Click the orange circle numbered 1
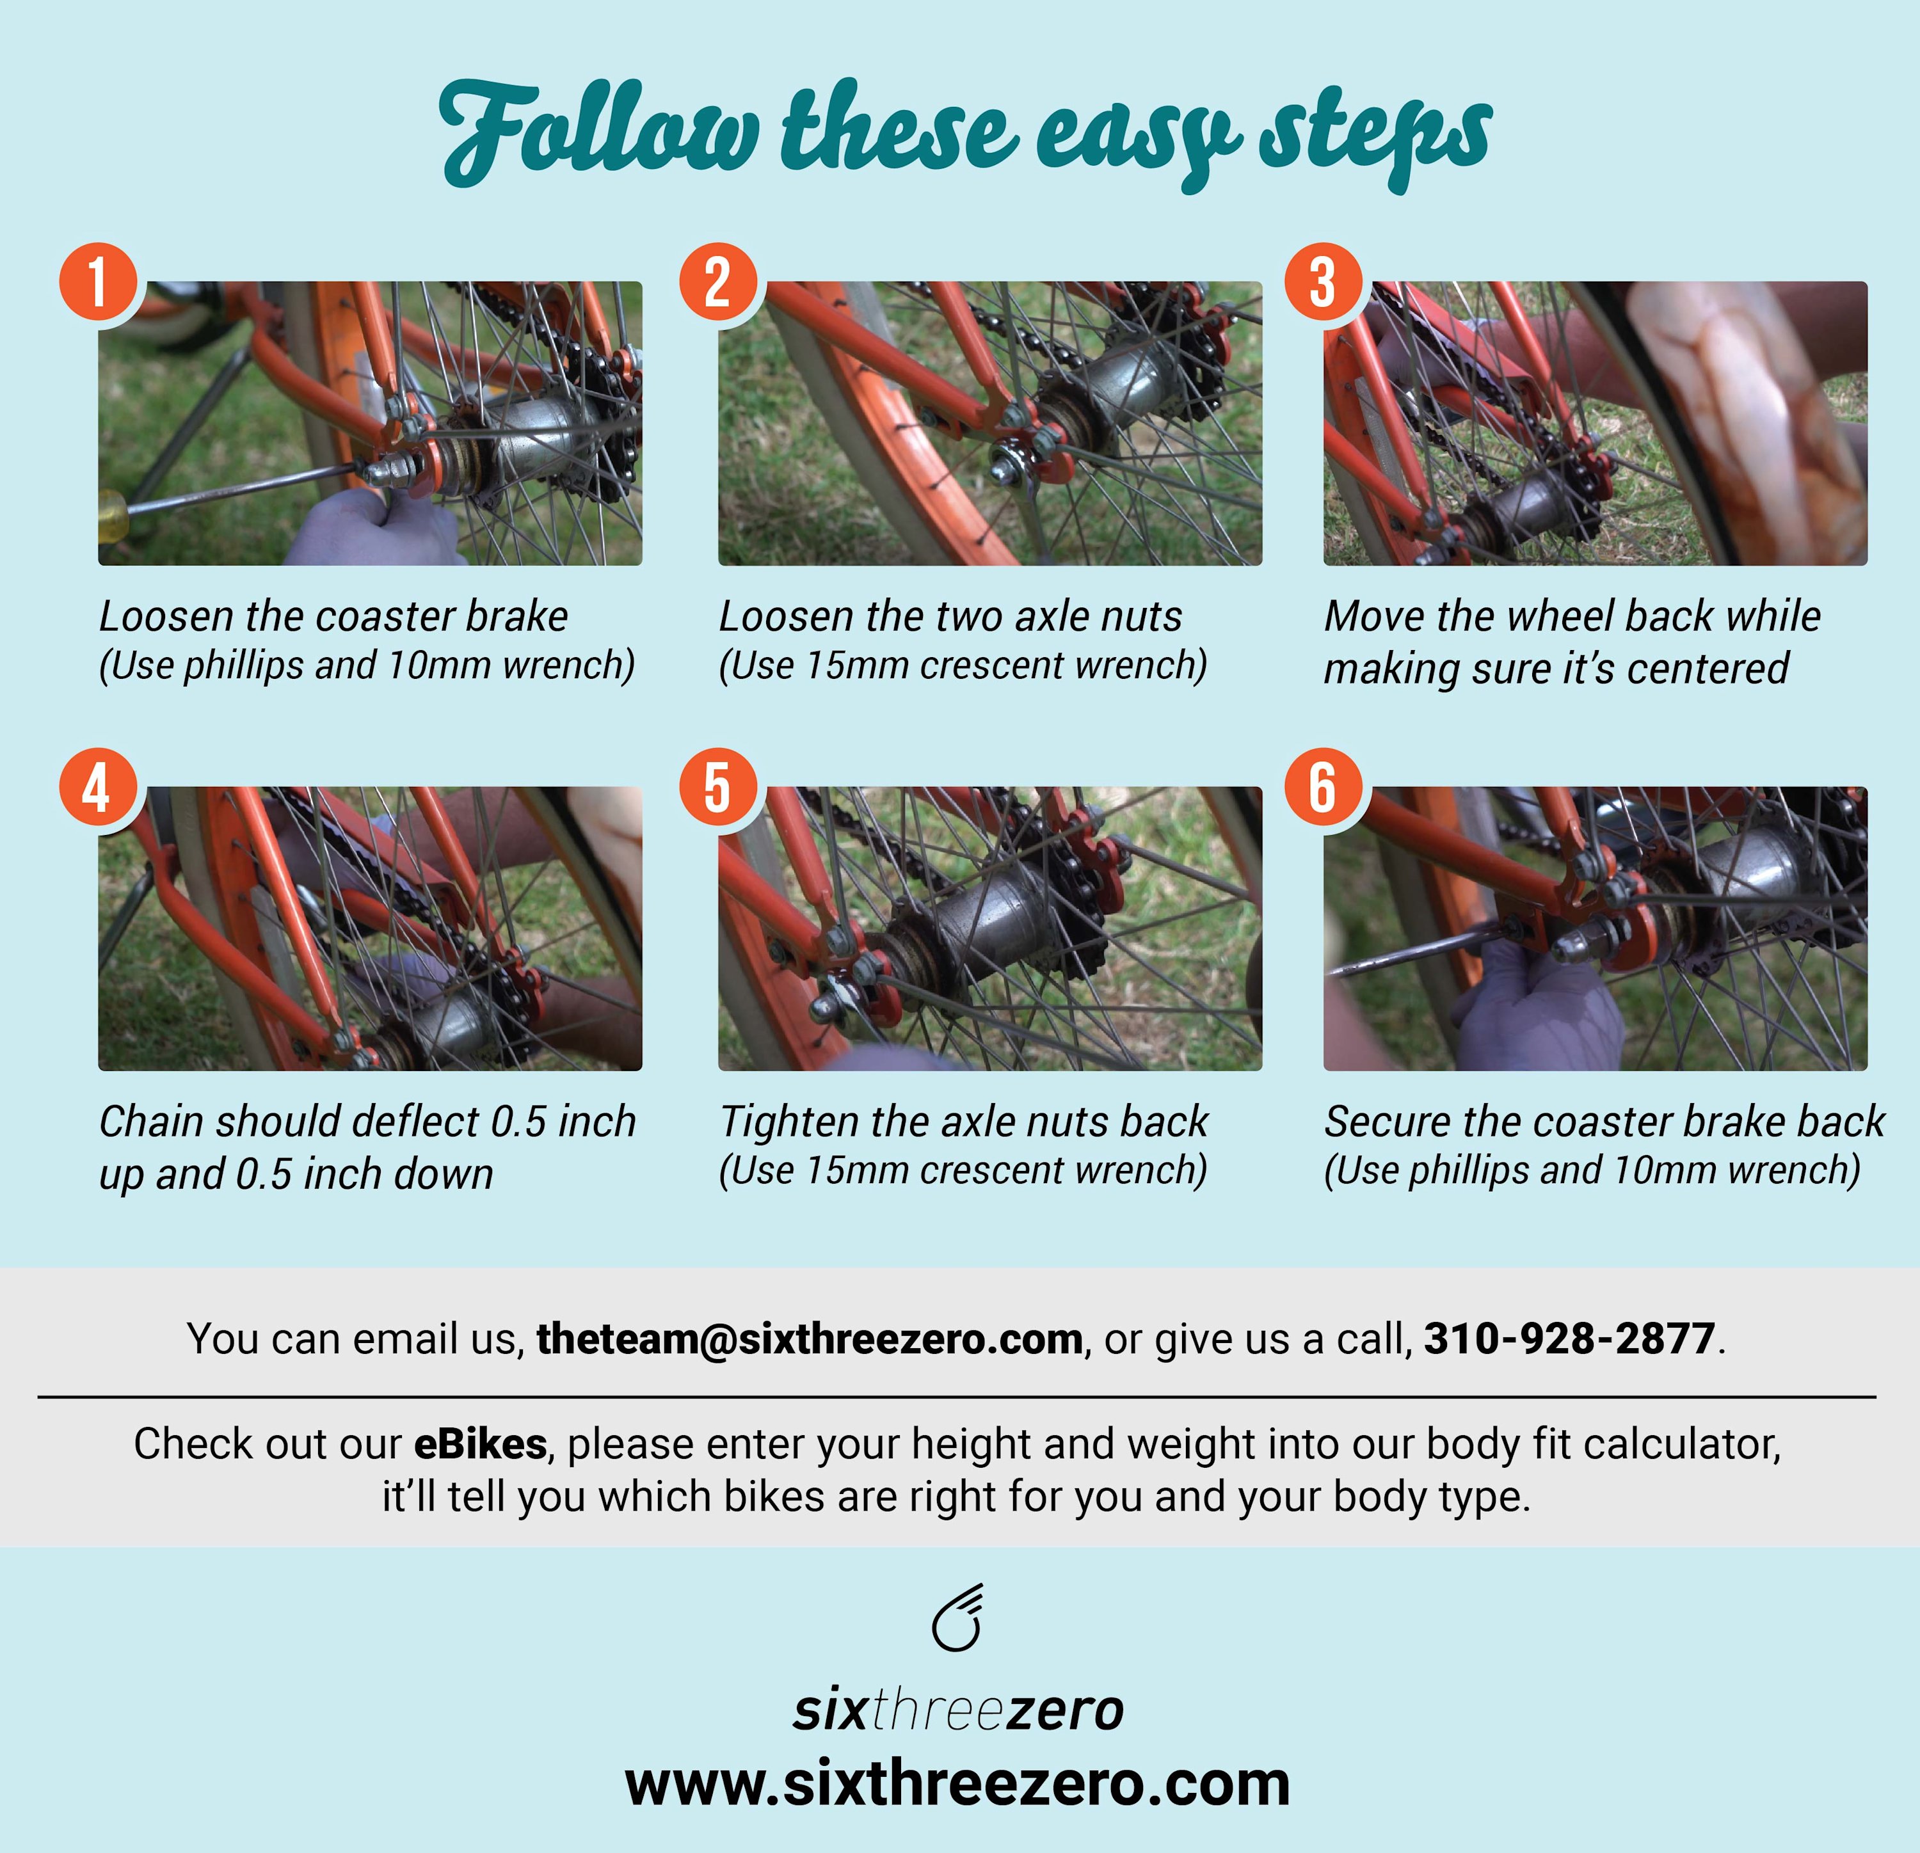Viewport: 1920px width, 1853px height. pos(98,282)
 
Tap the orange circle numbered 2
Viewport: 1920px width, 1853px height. pos(718,282)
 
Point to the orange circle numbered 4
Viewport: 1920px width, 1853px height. pos(98,788)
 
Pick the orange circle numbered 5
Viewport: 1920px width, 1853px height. pos(718,788)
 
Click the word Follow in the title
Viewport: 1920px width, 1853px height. pos(598,132)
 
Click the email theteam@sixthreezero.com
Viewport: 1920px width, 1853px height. pos(809,1338)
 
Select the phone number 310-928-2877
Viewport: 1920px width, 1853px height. pos(1569,1338)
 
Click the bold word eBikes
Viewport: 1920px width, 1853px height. pos(480,1443)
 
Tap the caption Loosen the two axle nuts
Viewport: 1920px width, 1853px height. pos(950,616)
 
